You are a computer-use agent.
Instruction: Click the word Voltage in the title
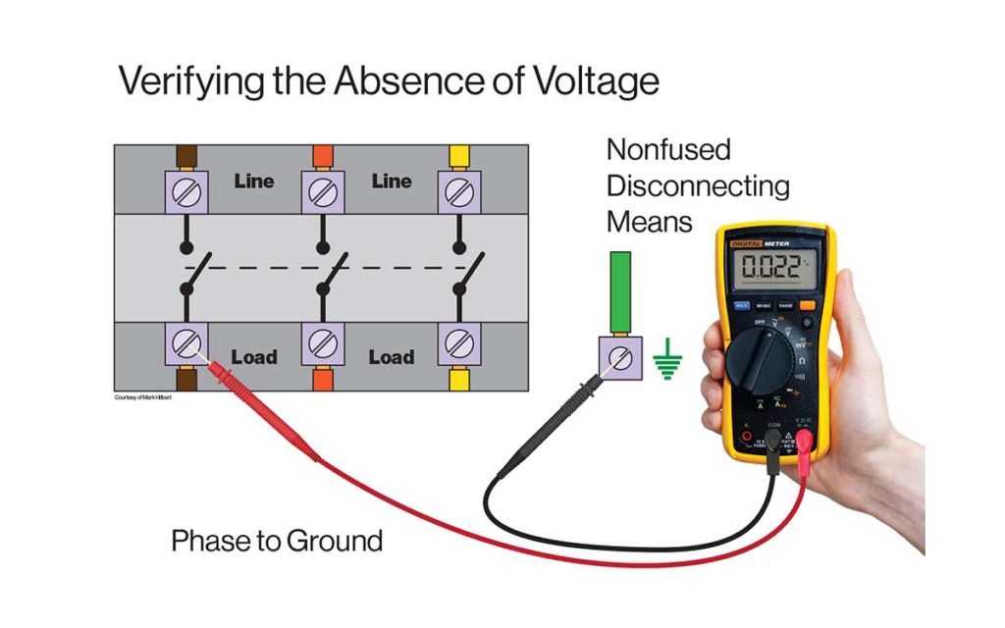pos(592,80)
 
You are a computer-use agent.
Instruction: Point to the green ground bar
pos(620,292)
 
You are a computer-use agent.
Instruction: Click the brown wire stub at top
pos(186,157)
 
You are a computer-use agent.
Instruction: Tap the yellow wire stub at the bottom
pos(458,380)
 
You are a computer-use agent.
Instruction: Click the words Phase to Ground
pos(277,541)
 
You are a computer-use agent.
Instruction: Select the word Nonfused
pos(668,150)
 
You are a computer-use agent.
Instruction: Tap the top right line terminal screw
pos(458,190)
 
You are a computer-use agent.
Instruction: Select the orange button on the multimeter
pos(808,305)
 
